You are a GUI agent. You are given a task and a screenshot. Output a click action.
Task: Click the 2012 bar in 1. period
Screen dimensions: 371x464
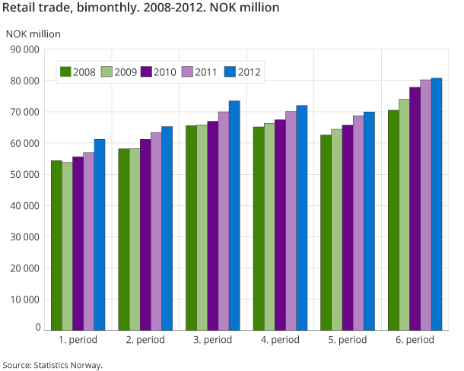click(x=100, y=234)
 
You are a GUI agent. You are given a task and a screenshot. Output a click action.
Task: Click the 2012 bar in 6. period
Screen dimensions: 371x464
click(x=436, y=204)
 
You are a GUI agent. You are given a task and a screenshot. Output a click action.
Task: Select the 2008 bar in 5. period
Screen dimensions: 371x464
click(x=326, y=232)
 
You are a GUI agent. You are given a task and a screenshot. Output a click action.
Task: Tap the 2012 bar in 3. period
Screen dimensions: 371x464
click(x=234, y=215)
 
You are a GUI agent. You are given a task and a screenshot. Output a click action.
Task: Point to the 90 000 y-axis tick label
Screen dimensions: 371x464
click(x=24, y=49)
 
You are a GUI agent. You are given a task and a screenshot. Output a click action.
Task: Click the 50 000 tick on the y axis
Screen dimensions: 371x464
click(x=24, y=174)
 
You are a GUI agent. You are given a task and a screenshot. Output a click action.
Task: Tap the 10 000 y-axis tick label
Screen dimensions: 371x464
click(x=24, y=299)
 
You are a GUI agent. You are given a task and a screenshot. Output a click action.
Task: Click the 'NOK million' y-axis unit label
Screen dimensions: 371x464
click(x=33, y=33)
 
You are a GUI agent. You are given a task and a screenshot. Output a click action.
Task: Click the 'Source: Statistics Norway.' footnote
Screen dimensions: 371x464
click(x=52, y=365)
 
